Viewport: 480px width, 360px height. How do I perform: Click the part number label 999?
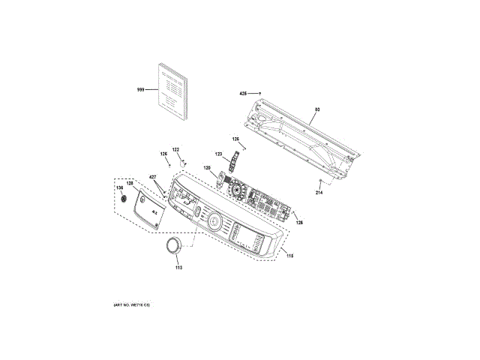pyautogui.click(x=140, y=90)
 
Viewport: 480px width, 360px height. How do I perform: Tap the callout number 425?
pyautogui.click(x=243, y=94)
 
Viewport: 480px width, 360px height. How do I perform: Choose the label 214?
pyautogui.click(x=318, y=193)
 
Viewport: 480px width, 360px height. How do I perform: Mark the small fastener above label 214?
pyautogui.click(x=321, y=182)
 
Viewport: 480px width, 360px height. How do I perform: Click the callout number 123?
pyautogui.click(x=219, y=154)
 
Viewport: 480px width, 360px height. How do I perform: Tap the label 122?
pyautogui.click(x=176, y=149)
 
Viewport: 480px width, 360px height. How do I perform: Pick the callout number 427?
pyautogui.click(x=152, y=178)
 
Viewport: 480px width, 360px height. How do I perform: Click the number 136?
pyautogui.click(x=118, y=187)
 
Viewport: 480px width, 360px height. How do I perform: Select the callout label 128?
pyautogui.click(x=129, y=183)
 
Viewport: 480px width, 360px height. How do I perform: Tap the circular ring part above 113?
pyautogui.click(x=172, y=248)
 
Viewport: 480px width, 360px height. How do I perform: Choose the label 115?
pyautogui.click(x=289, y=256)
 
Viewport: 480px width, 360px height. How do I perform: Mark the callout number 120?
pyautogui.click(x=207, y=168)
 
